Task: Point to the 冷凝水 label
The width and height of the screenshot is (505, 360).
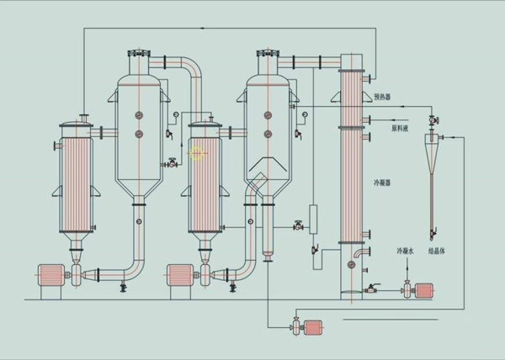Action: [407, 251]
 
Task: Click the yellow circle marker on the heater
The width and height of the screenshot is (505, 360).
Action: [197, 153]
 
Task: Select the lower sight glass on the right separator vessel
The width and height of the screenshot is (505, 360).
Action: [268, 134]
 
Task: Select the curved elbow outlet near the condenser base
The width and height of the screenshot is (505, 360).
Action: [361, 254]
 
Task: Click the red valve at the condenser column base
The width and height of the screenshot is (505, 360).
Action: [367, 290]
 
